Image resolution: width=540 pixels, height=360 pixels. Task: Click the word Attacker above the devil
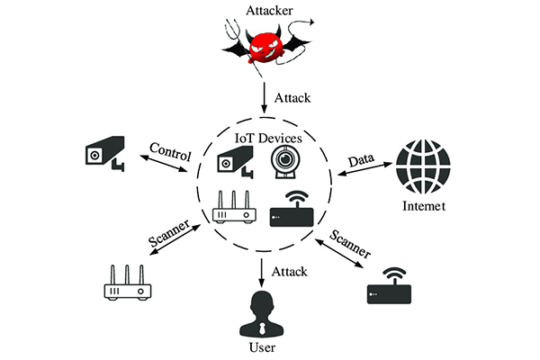point(269,12)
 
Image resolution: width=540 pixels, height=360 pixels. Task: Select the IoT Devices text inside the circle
point(267,137)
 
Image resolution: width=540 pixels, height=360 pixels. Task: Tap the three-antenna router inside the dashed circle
point(234,208)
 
